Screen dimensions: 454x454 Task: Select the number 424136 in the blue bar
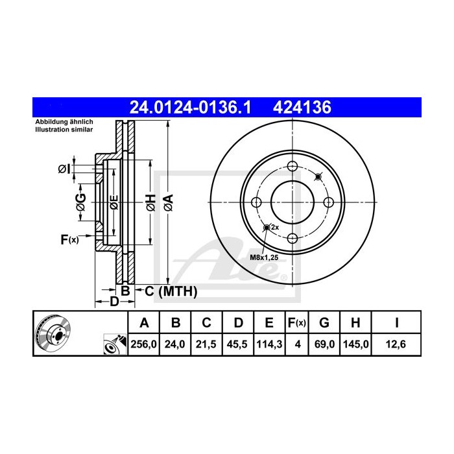tap(304, 107)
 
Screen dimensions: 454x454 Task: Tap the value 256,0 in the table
tap(144, 345)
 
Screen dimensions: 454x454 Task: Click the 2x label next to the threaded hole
tap(274, 228)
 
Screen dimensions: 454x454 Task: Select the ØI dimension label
tap(64, 170)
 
